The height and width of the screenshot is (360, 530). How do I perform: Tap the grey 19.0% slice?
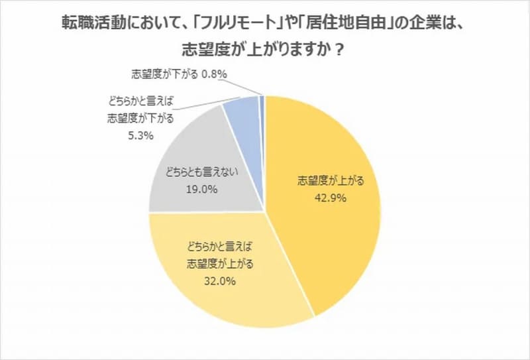click(x=199, y=152)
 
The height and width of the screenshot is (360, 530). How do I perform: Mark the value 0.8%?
click(x=215, y=75)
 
